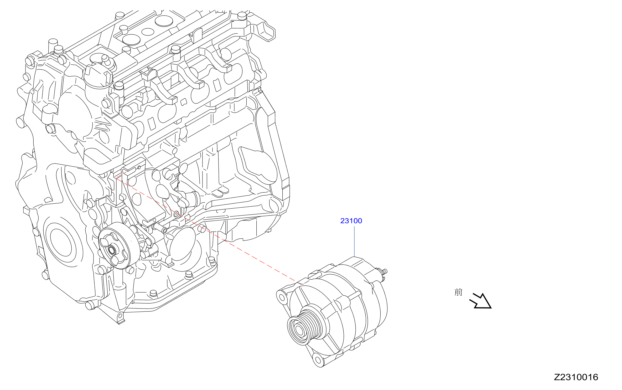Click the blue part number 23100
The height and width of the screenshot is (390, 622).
pos(351,221)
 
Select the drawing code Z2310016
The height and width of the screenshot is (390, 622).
pos(576,377)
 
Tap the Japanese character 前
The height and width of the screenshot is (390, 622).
pos(458,292)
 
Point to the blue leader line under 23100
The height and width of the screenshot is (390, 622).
pos(354,241)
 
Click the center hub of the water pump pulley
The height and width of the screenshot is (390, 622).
pos(112,250)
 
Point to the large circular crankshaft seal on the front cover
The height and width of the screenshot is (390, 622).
pos(61,242)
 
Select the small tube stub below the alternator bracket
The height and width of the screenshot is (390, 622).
pos(160,227)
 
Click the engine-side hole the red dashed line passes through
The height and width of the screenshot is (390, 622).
pos(177,214)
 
